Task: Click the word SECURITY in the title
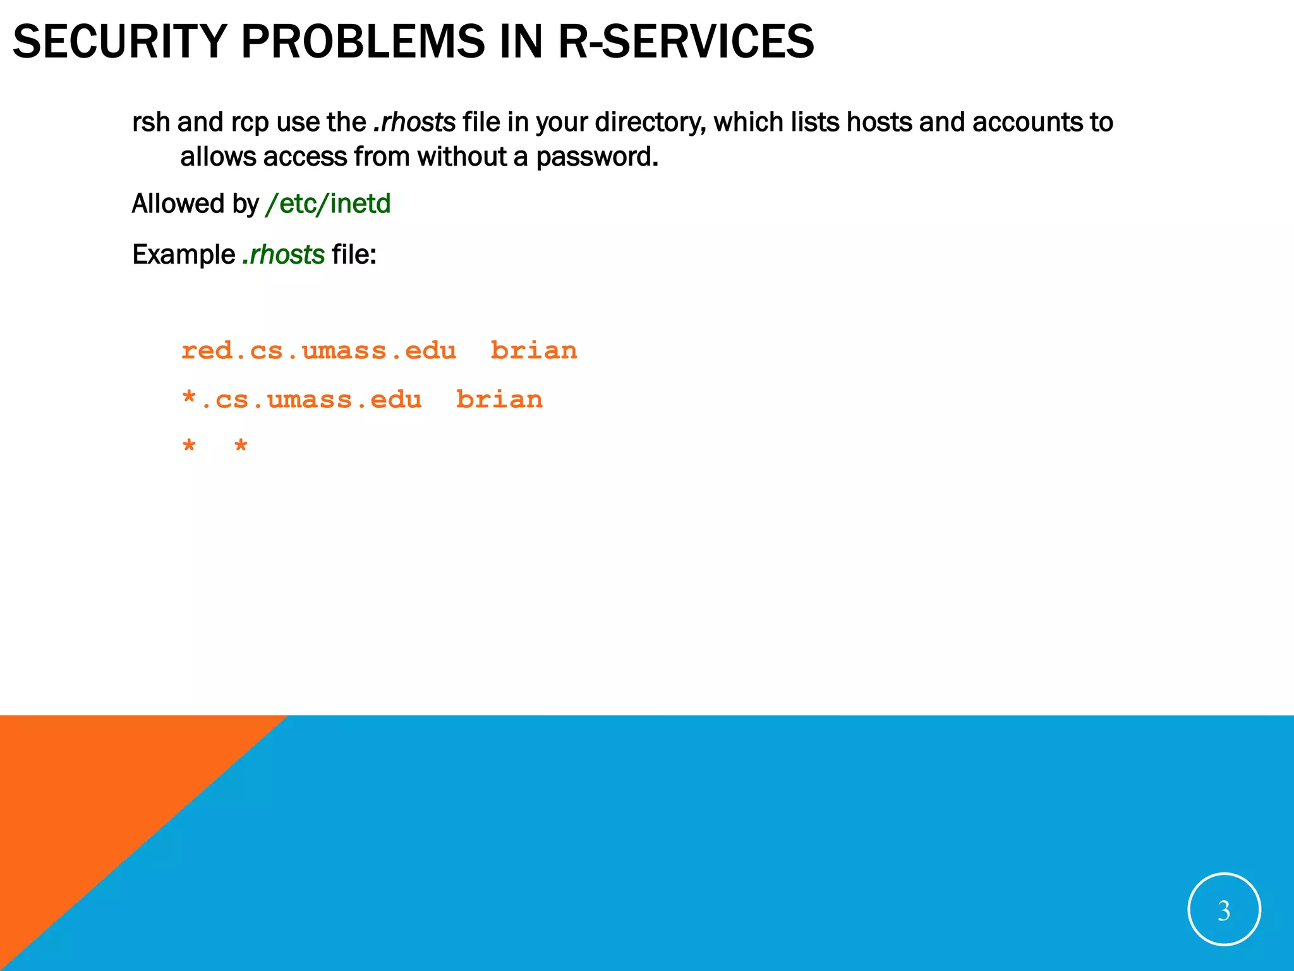pos(119,42)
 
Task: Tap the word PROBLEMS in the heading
pos(363,42)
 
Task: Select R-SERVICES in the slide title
pos(686,42)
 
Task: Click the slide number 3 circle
pos(1224,910)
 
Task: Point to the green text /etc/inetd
pos(328,204)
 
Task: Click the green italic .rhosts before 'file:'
pos(284,255)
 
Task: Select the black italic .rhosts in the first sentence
pos(414,123)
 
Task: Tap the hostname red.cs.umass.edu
pos(318,351)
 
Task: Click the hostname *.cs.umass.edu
pos(301,400)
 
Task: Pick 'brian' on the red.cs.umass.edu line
pos(534,351)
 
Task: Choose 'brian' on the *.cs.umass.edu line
pos(499,400)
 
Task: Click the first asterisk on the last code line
pos(189,446)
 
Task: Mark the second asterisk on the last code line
pos(241,446)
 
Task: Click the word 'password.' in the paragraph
pos(597,157)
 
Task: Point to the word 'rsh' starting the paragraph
pos(151,123)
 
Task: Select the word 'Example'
pos(183,255)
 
